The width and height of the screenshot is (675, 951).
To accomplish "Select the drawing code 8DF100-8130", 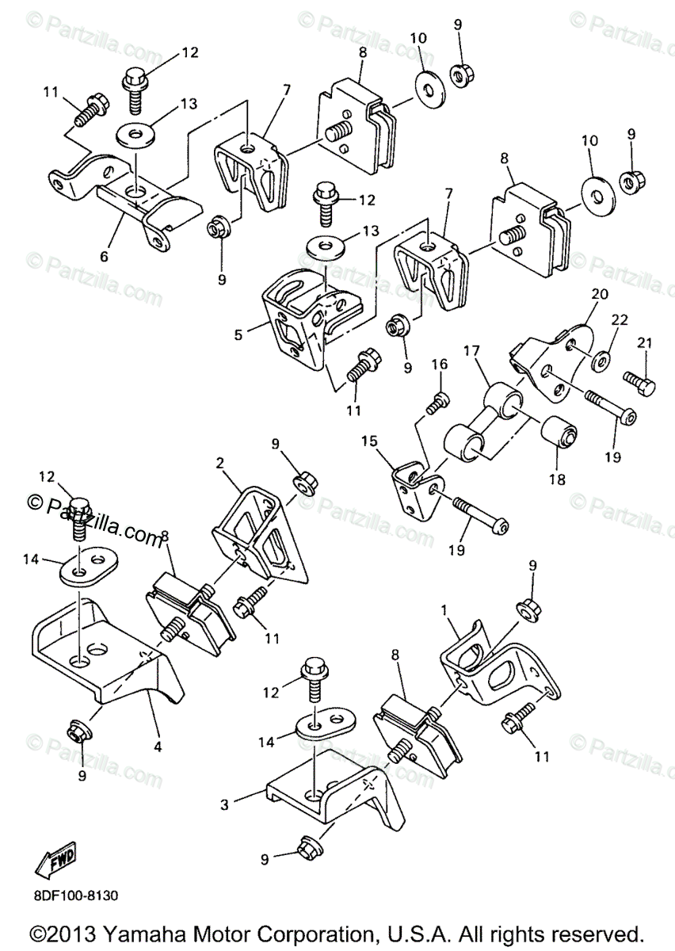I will [x=76, y=896].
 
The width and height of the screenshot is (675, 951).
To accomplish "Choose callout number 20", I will [x=598, y=293].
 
